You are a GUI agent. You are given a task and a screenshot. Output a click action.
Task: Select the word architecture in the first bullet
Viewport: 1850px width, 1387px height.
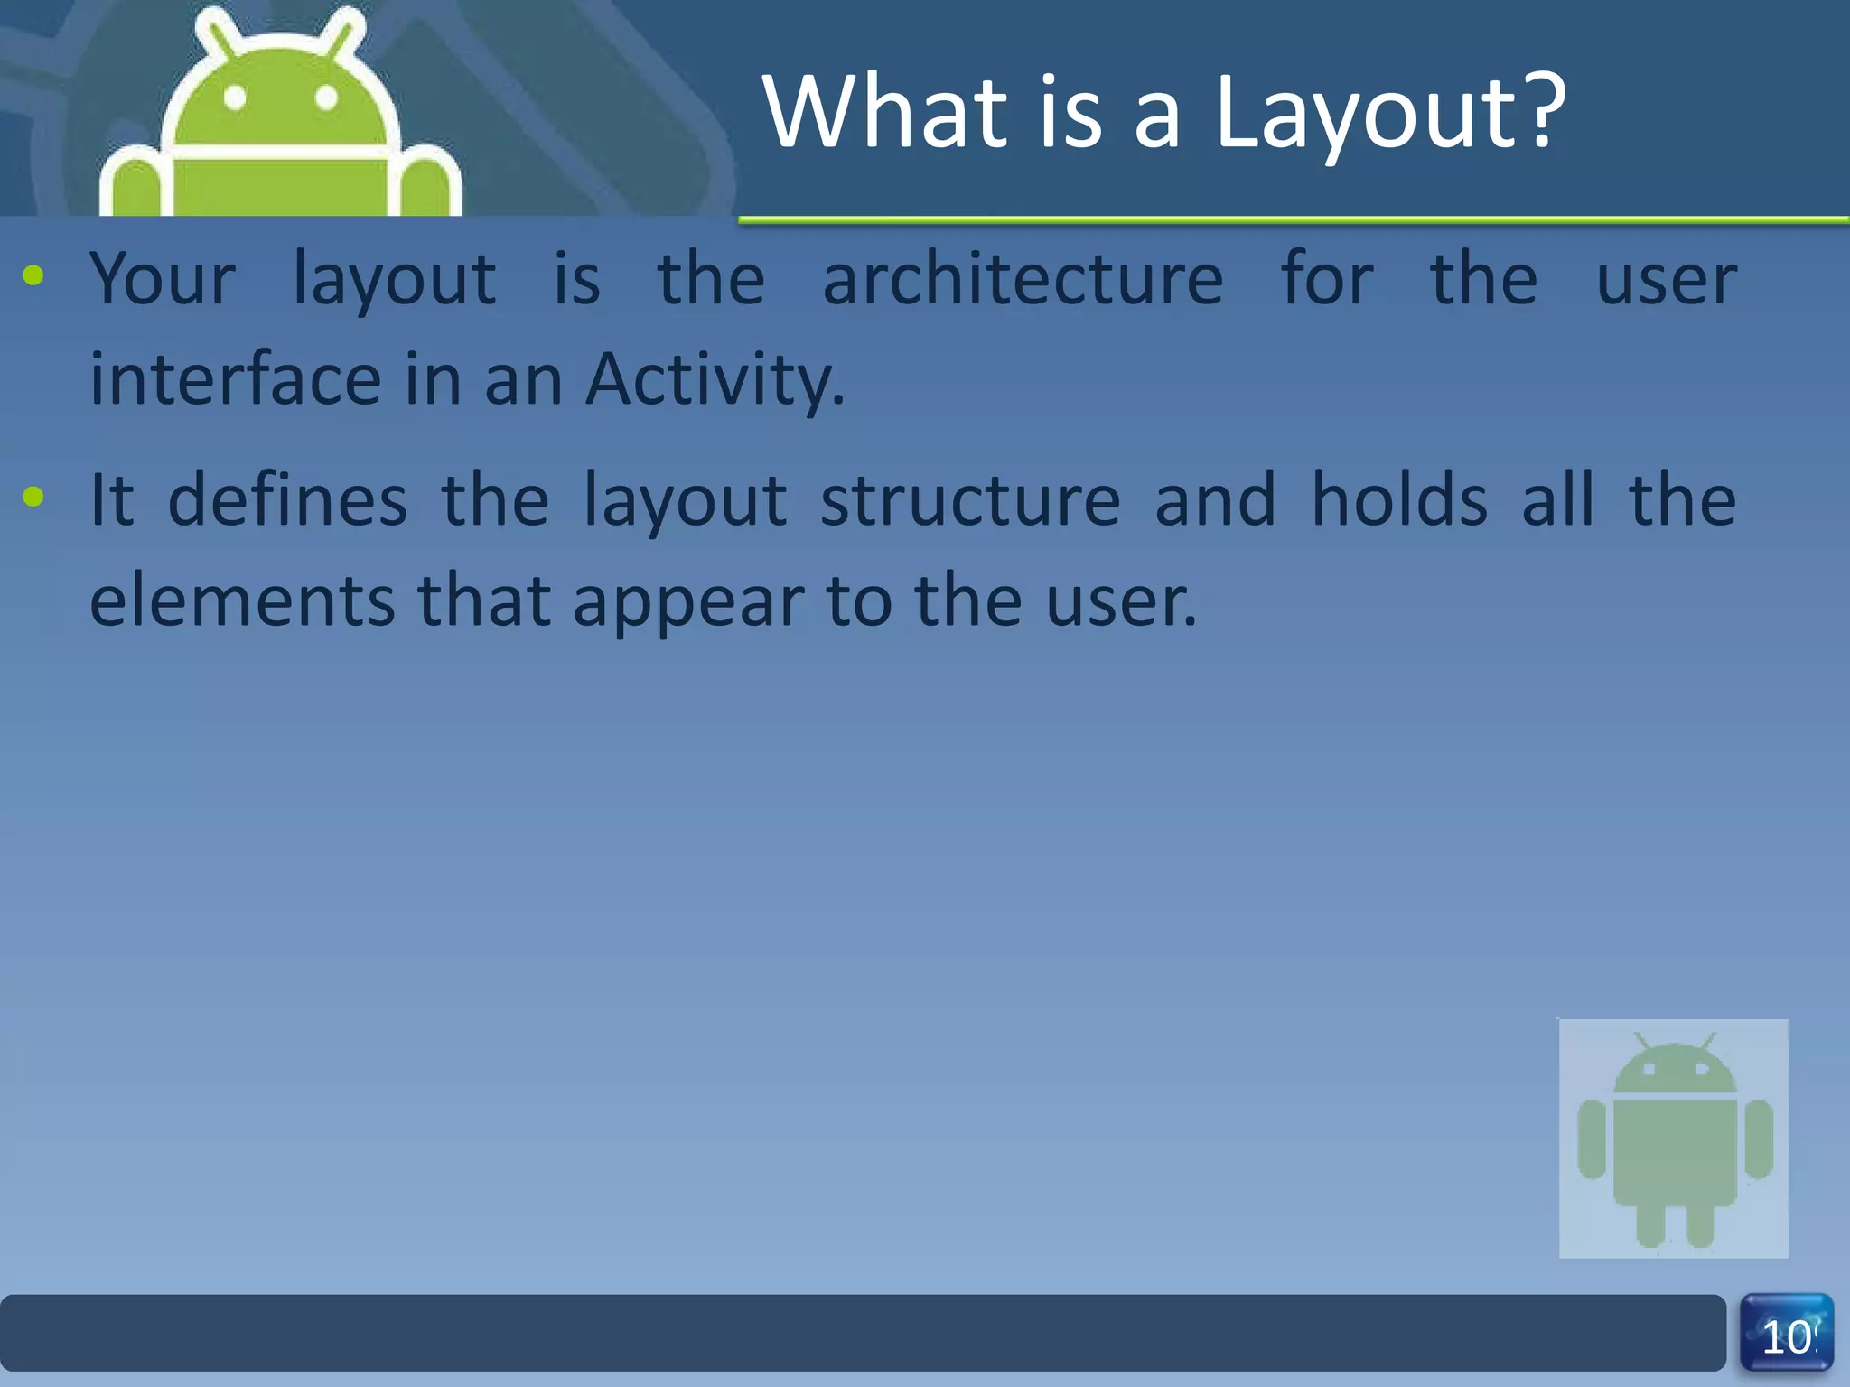(x=1023, y=279)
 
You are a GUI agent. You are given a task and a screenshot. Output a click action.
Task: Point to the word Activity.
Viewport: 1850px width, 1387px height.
(x=715, y=379)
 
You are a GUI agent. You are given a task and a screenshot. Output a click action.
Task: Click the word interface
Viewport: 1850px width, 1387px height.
(x=236, y=379)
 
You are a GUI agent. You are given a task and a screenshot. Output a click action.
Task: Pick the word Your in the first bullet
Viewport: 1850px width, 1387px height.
(x=163, y=279)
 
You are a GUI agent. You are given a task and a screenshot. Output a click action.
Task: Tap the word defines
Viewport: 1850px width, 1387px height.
(x=287, y=500)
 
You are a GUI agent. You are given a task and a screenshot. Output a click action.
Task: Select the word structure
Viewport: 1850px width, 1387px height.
(x=970, y=500)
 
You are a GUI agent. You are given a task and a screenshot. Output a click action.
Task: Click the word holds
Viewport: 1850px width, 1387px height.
(x=1398, y=500)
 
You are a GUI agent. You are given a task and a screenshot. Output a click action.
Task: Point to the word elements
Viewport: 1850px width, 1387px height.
(x=242, y=601)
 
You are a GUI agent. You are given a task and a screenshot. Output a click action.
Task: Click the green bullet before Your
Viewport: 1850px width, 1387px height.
(x=33, y=275)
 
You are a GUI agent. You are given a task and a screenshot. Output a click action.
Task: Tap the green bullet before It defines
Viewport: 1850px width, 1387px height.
(x=33, y=497)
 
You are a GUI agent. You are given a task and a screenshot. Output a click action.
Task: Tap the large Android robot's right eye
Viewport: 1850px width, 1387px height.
(x=326, y=98)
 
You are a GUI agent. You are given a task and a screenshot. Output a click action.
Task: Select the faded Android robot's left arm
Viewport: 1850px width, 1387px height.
(x=1592, y=1139)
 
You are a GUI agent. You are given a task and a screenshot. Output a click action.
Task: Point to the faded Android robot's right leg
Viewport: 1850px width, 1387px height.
(x=1700, y=1224)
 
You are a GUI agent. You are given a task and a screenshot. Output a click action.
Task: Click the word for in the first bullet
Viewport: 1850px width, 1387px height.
(x=1327, y=279)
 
